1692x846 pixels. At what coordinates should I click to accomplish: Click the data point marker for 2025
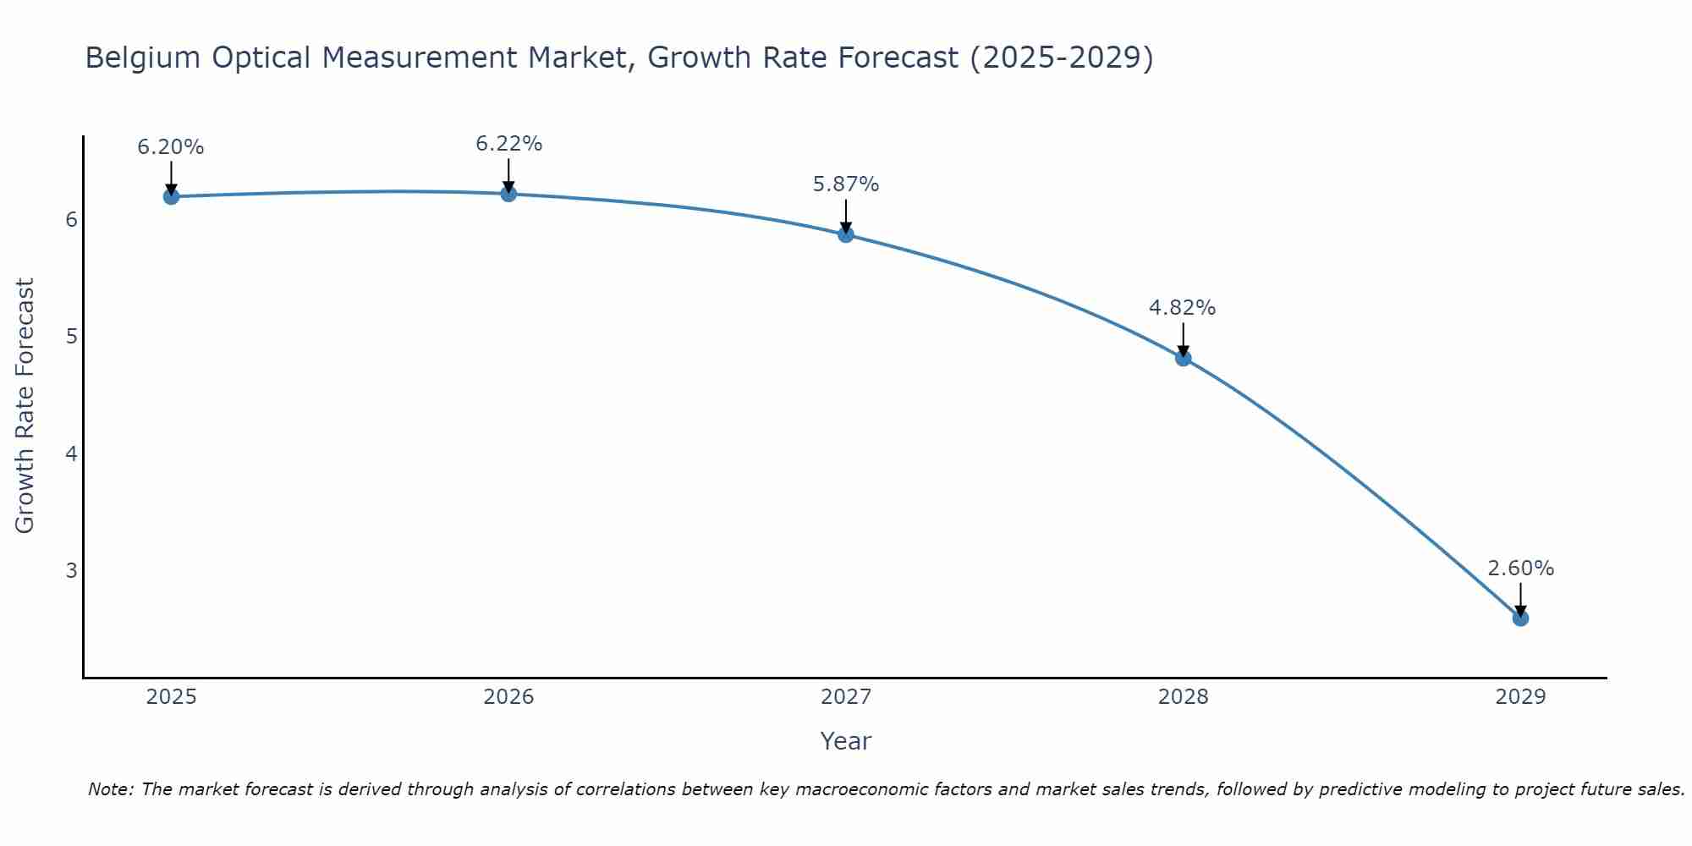coord(171,196)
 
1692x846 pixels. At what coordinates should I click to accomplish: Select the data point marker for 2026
coord(508,194)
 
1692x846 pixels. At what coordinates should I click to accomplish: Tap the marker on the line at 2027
coord(846,234)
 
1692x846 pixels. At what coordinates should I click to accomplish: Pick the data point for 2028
coord(1183,358)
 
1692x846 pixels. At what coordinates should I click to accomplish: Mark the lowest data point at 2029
coord(1520,618)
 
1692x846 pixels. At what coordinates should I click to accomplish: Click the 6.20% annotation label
coord(171,147)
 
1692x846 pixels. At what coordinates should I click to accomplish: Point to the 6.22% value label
coord(508,144)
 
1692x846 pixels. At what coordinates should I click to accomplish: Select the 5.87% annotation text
coord(846,184)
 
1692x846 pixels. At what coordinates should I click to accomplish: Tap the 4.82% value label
coord(1183,308)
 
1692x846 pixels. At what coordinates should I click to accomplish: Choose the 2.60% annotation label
coord(1520,569)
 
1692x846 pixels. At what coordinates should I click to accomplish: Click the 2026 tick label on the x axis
coord(508,697)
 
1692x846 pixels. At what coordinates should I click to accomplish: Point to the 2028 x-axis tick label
coord(1183,697)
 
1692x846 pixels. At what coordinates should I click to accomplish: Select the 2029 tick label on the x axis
coord(1520,697)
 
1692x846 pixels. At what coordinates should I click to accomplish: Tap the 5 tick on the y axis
coord(71,337)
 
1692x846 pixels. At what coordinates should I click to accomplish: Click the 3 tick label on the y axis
coord(71,570)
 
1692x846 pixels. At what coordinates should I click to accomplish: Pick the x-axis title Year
coord(846,741)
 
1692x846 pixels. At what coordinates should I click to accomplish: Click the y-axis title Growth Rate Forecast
coord(25,406)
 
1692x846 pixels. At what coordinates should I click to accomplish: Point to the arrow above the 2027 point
coord(846,213)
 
